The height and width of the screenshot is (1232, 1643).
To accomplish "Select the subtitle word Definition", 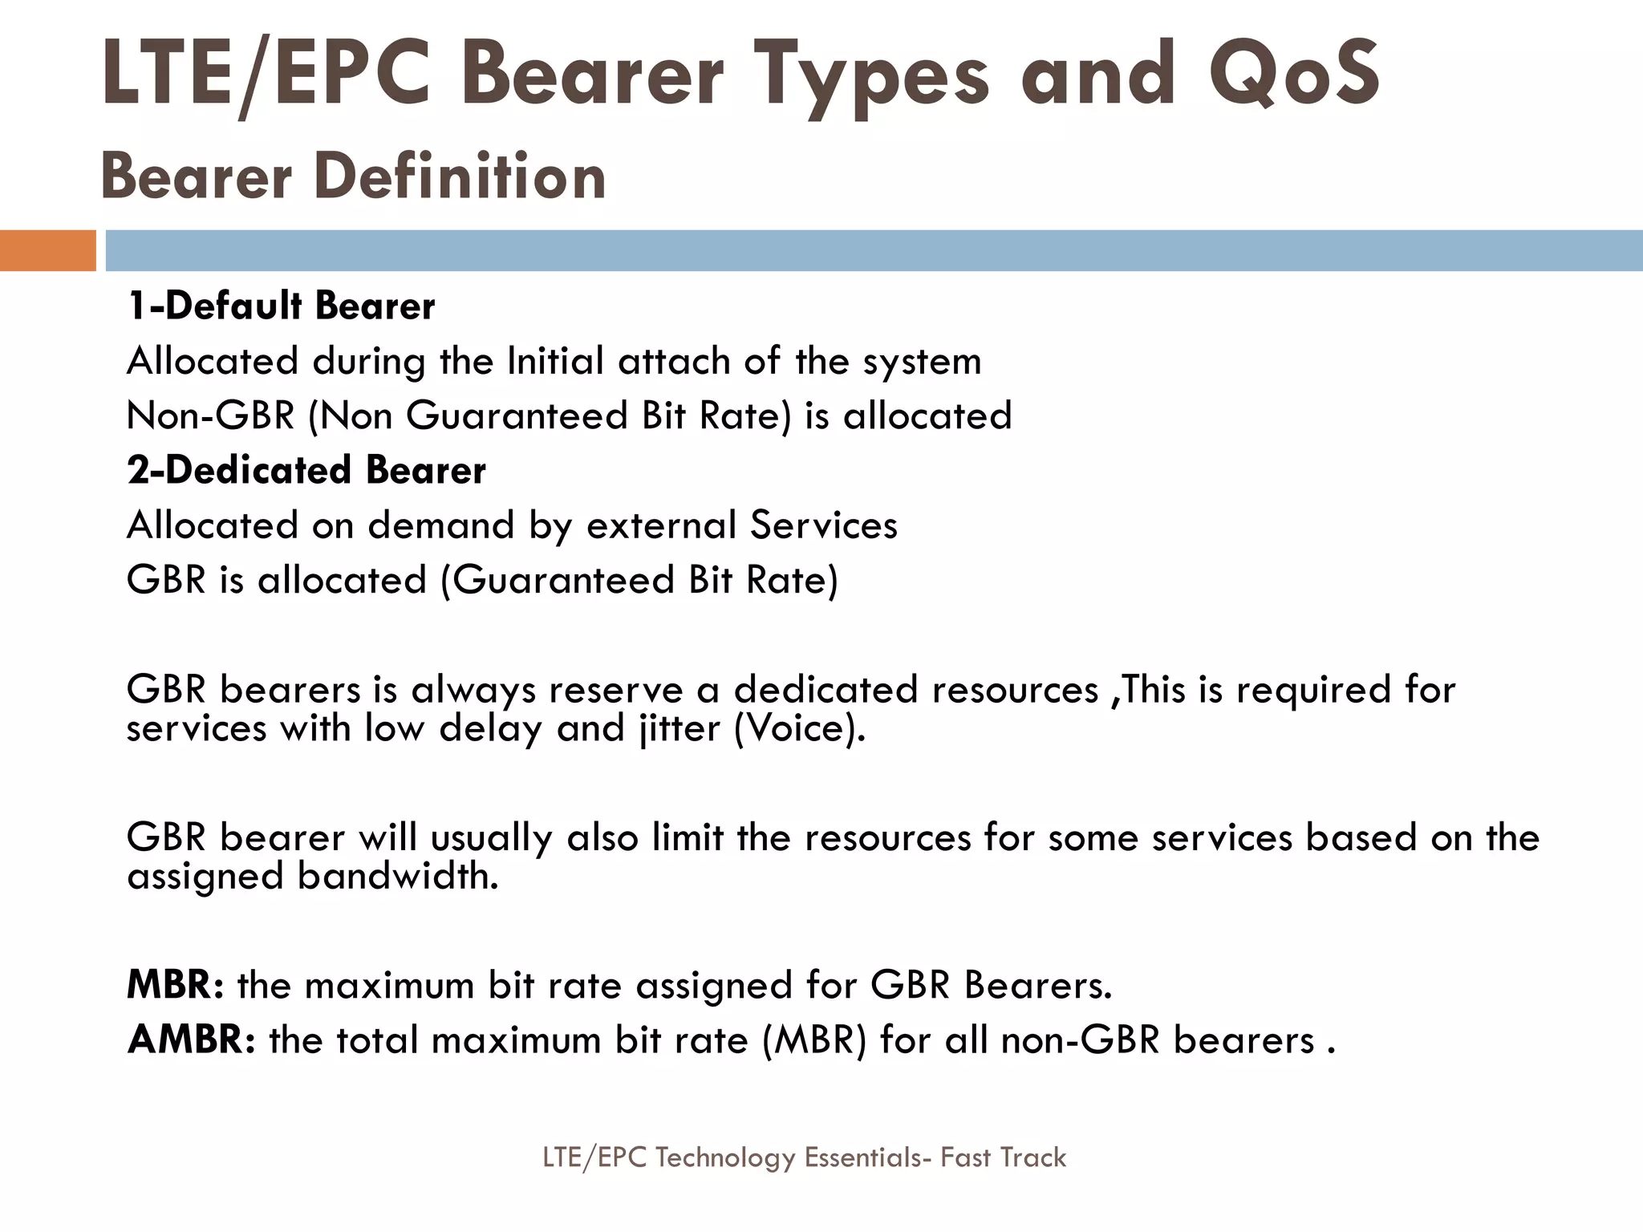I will pyautogui.click(x=460, y=176).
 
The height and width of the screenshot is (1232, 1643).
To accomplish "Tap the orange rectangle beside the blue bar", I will pyautogui.click(x=47, y=250).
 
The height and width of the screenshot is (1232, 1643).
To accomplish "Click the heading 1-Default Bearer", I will pyautogui.click(x=281, y=306).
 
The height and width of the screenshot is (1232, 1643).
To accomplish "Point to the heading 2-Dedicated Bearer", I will pyautogui.click(x=306, y=470).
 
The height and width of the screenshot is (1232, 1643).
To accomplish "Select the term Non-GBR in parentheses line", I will pyautogui.click(x=210, y=415).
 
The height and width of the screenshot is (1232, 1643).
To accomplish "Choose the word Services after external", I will pyautogui.click(x=824, y=525).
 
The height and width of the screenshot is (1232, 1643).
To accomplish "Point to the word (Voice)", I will pyautogui.click(x=800, y=728).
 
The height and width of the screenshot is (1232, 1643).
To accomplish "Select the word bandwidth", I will pyautogui.click(x=398, y=876).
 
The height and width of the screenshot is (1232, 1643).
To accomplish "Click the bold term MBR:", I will pyautogui.click(x=175, y=985).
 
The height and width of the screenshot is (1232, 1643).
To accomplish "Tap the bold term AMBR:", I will pyautogui.click(x=191, y=1040).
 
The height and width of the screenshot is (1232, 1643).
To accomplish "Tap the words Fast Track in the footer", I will pyautogui.click(x=1003, y=1157).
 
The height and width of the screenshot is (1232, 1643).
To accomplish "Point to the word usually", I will pyautogui.click(x=491, y=838).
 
